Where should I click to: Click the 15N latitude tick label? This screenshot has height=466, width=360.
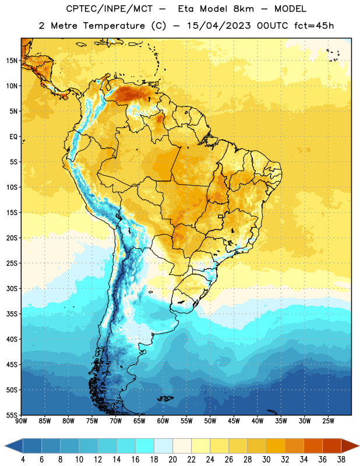click(12, 61)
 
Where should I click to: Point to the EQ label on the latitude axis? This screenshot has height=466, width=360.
click(13, 137)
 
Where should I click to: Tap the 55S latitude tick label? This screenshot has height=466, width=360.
click(12, 415)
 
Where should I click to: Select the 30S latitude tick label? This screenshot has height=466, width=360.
click(12, 288)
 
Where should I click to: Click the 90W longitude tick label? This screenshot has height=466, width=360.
click(21, 421)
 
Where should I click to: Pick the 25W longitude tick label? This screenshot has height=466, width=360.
click(328, 421)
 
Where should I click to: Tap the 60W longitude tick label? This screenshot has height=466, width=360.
click(163, 421)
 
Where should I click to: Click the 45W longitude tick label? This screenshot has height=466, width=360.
click(234, 421)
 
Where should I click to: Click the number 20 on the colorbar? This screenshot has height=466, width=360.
click(172, 460)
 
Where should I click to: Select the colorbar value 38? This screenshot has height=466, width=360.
click(341, 460)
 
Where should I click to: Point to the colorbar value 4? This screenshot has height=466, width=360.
click(23, 460)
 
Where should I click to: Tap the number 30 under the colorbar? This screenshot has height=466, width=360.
click(266, 460)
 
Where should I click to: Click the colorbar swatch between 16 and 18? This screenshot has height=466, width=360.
click(145, 446)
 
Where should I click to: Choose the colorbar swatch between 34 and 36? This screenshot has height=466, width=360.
click(313, 446)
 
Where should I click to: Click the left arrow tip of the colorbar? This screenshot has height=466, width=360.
click(5, 446)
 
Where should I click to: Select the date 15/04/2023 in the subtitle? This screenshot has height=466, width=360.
click(219, 26)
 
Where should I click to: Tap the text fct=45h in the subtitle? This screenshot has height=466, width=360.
click(314, 26)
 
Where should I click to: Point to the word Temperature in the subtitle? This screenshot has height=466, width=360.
click(114, 26)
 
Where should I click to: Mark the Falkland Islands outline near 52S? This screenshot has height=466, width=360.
click(165, 398)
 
